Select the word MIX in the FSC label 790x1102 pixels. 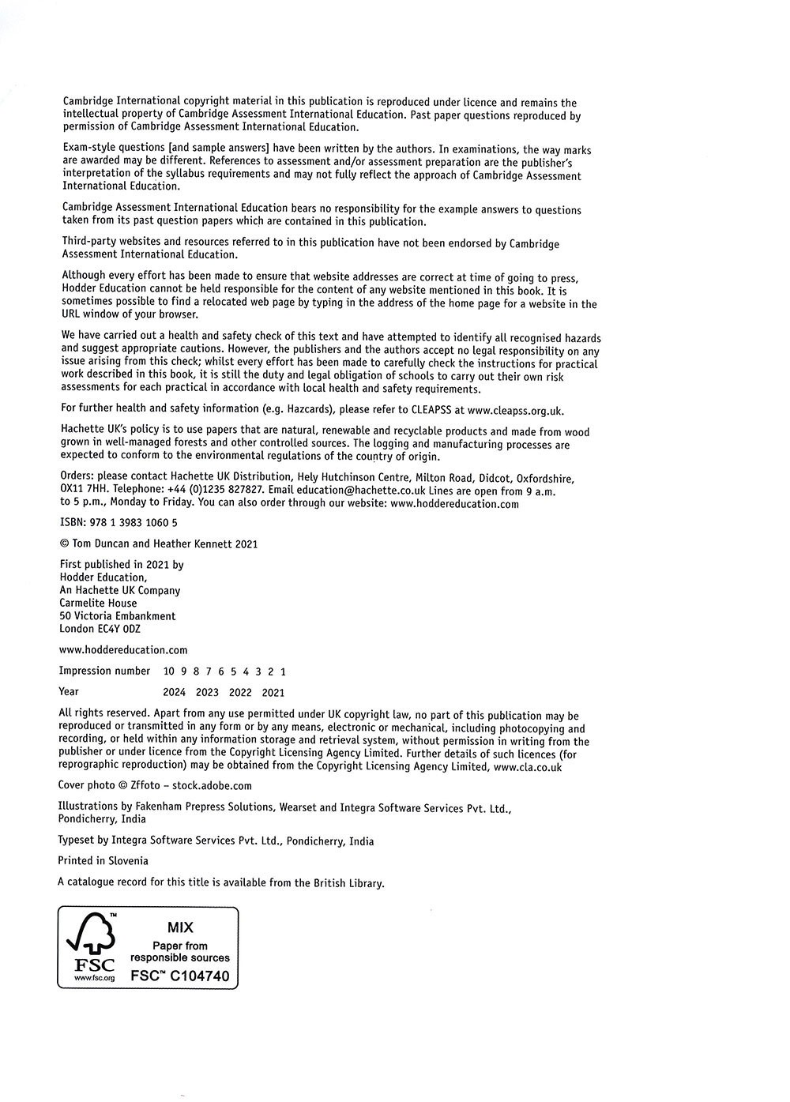point(180,927)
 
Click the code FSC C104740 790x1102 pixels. point(180,976)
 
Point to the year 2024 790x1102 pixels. point(174,692)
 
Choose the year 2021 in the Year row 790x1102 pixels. point(273,692)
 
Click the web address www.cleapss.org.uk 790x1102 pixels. point(516,410)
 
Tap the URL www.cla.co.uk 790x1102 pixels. point(528,766)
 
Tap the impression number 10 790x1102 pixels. point(169,671)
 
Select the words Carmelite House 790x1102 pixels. point(98,604)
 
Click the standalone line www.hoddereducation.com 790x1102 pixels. point(123,650)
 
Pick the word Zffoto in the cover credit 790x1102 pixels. point(145,786)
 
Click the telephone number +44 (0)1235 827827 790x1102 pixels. point(216,491)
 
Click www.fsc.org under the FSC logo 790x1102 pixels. point(94,978)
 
